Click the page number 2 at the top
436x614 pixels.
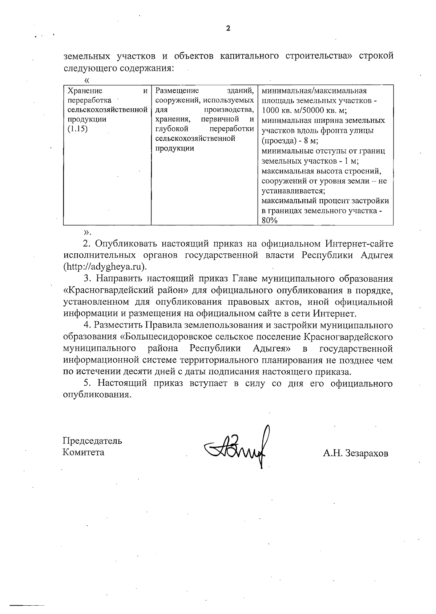pos(228,29)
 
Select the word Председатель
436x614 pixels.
pos(92,441)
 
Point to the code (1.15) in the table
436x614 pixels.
pos(78,129)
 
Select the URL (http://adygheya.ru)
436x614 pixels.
pos(105,266)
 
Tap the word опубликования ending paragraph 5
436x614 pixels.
pos(97,395)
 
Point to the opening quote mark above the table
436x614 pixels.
pos(86,80)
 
